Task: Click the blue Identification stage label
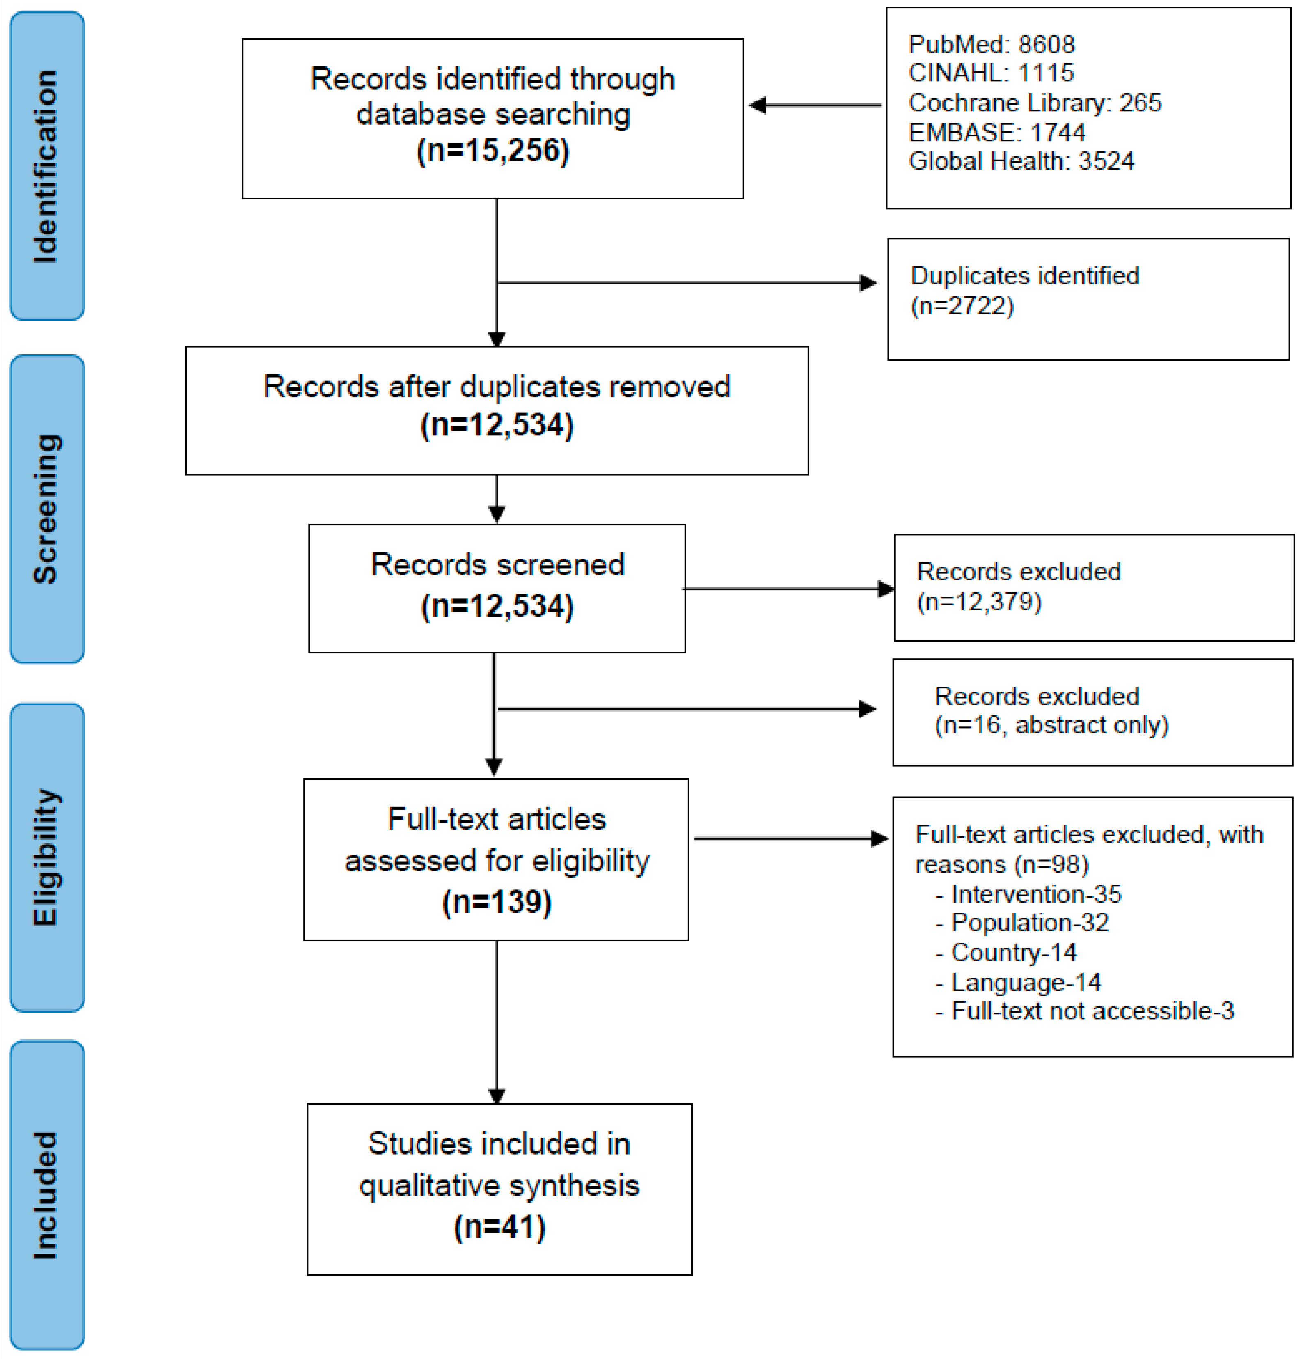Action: tap(47, 166)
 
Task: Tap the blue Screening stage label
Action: tap(47, 509)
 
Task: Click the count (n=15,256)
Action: tap(492, 151)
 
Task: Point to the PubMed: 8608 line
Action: tap(991, 44)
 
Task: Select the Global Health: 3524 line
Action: tap(1021, 161)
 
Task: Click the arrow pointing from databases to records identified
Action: tap(815, 105)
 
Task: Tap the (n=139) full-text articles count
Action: tap(497, 902)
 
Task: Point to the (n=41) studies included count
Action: tap(499, 1226)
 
